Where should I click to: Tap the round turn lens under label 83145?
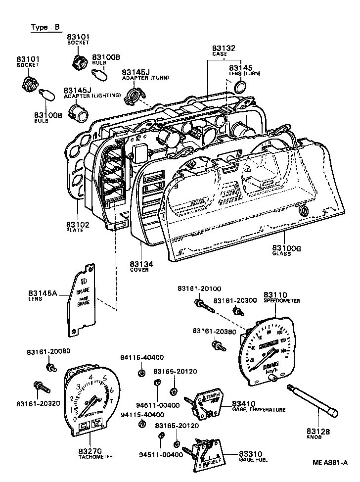click(239, 88)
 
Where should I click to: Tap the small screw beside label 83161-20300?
click(237, 312)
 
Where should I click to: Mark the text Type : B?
click(45, 28)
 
